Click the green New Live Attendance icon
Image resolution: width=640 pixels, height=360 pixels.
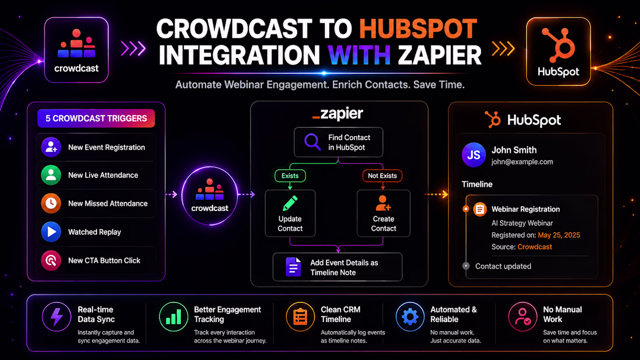tap(51, 175)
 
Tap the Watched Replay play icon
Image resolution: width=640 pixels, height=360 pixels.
tap(51, 232)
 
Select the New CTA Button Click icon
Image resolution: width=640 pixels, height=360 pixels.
tap(51, 261)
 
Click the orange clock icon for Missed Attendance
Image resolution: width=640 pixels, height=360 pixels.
tap(51, 204)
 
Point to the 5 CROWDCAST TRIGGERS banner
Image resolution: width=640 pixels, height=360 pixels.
tap(96, 119)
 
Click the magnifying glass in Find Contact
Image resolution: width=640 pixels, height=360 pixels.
tap(312, 142)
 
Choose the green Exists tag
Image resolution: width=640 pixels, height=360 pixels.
tap(290, 176)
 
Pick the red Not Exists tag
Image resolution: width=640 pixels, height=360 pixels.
tap(382, 176)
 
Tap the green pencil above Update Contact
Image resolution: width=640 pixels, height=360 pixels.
tap(290, 204)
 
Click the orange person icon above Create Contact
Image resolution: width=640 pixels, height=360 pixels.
tap(383, 204)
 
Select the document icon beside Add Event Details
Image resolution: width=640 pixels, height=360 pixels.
tap(293, 267)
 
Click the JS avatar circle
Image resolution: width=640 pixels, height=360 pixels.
tap(474, 155)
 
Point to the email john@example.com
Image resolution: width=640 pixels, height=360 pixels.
tap(522, 162)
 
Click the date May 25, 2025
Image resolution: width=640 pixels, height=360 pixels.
tap(559, 235)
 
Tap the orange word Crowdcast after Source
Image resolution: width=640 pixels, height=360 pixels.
tap(535, 247)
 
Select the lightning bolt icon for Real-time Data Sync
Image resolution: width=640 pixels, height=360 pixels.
tap(56, 317)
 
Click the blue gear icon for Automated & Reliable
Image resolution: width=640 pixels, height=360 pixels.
tap(410, 317)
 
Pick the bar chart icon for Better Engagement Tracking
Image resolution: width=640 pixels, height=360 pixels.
tap(173, 317)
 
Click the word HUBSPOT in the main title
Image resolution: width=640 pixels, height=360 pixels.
tap(418, 29)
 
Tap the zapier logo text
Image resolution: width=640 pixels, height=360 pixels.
tap(337, 114)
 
